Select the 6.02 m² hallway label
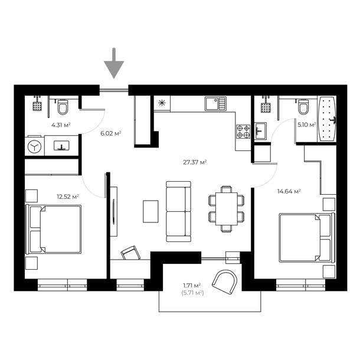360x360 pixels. coord(111,133)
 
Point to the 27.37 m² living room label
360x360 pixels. coord(194,162)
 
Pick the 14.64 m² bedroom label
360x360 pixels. coord(289,191)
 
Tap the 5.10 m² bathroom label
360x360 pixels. coord(306,125)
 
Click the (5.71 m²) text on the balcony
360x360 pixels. coord(192,292)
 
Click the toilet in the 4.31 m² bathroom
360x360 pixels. coord(63,107)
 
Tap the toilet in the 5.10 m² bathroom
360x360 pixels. coord(303,107)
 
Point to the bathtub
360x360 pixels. coord(326,119)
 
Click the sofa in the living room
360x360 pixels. coord(178,211)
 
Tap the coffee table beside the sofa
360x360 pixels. coord(150,211)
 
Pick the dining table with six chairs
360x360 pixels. coord(225,208)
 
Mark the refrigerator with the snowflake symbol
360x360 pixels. coord(162,103)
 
